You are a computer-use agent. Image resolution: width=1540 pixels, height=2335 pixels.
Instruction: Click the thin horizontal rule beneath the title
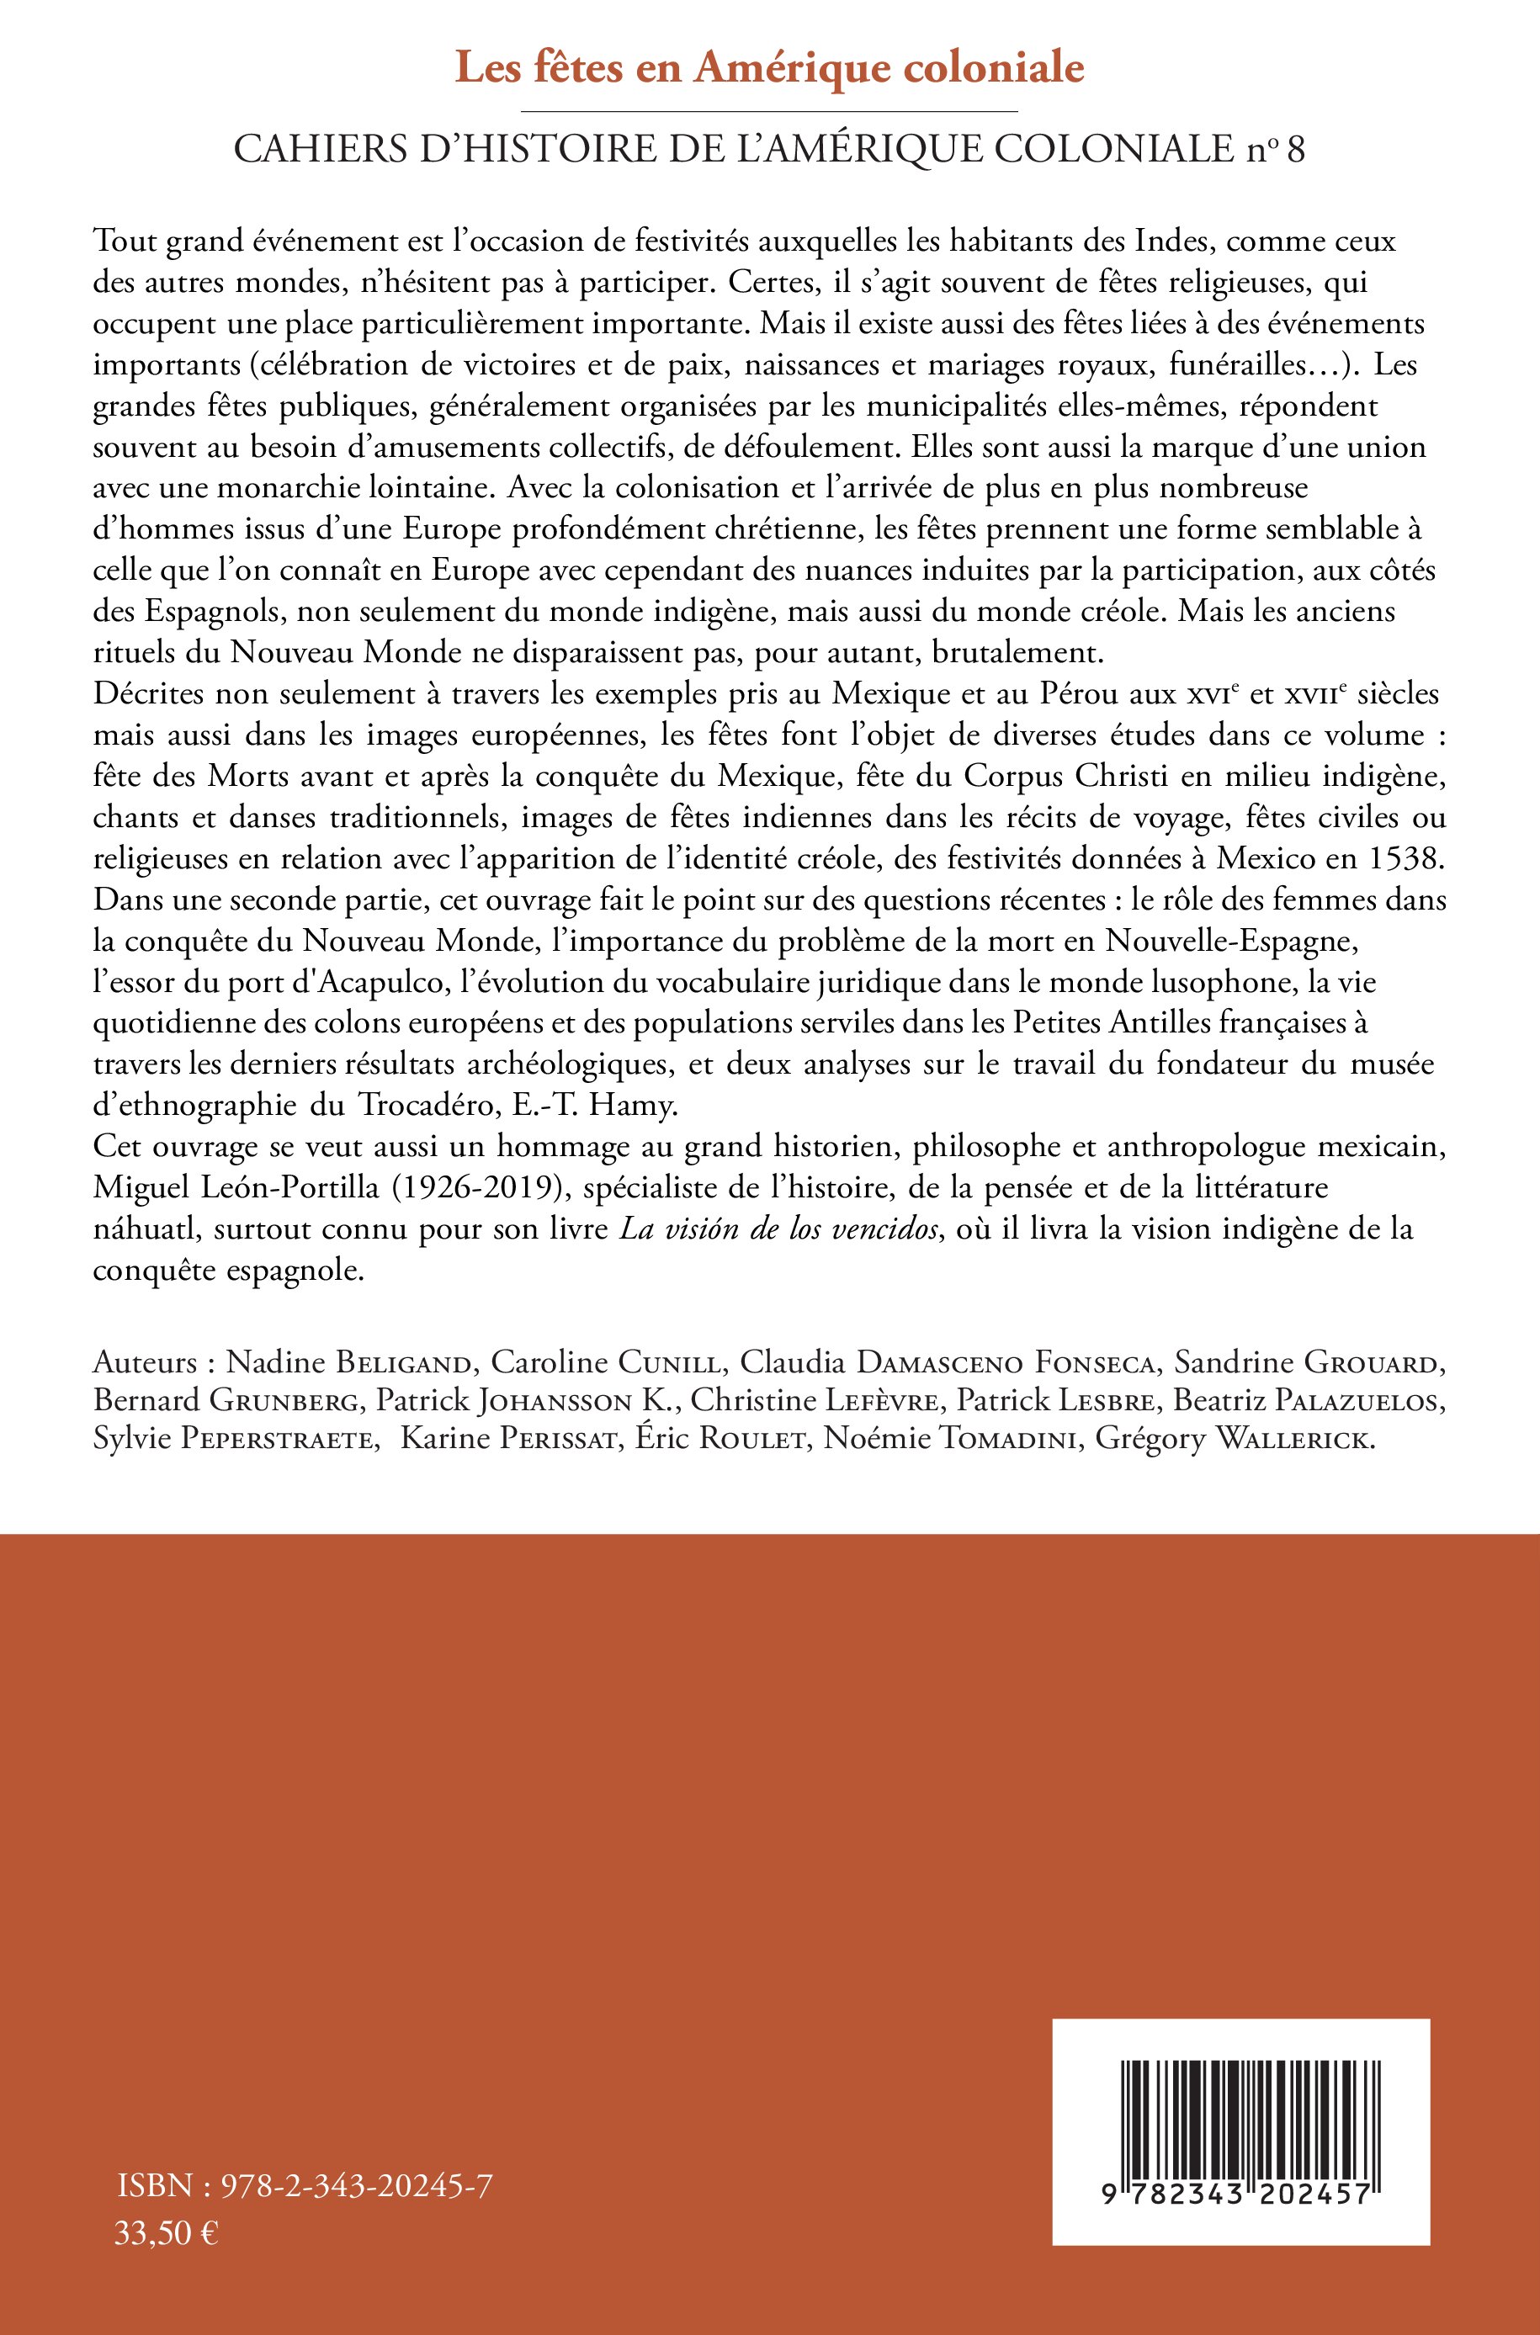[x=769, y=112]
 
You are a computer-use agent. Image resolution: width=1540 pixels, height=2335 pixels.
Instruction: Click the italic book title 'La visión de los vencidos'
[x=778, y=1229]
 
